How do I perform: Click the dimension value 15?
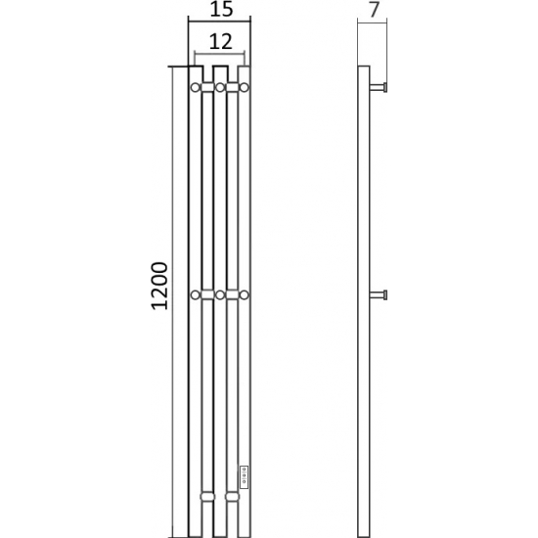click(221, 9)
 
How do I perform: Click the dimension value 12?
click(221, 42)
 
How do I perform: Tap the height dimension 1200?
click(159, 286)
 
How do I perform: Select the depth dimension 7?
click(375, 10)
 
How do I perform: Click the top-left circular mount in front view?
click(196, 87)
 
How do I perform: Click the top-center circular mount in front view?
click(220, 87)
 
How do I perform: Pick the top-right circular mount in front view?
click(244, 87)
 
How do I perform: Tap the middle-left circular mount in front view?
click(196, 294)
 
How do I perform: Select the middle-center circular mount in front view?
click(220, 294)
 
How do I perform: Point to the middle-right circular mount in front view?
click(244, 294)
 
